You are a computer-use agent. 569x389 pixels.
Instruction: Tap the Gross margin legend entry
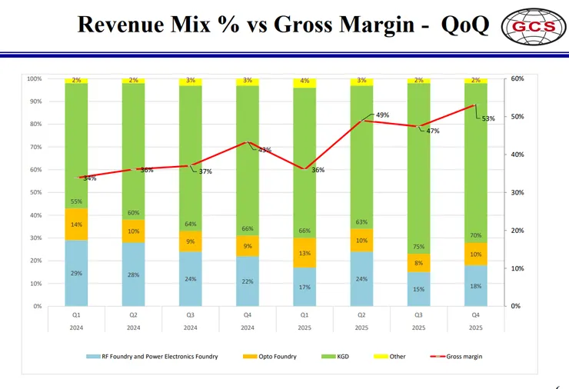(457, 357)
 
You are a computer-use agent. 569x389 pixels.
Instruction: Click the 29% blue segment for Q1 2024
(77, 273)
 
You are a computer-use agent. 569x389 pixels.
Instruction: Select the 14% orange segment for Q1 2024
(77, 224)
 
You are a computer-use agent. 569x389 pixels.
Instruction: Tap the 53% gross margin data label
(487, 118)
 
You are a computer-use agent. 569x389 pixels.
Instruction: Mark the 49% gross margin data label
(382, 115)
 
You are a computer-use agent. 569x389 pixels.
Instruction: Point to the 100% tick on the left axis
(35, 78)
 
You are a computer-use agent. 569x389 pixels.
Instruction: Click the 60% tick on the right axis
(517, 78)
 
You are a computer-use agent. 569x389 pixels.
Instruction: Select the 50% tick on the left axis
(36, 192)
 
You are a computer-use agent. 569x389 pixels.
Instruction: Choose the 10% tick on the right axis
(517, 268)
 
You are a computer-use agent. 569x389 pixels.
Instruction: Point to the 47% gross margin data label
(433, 131)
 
